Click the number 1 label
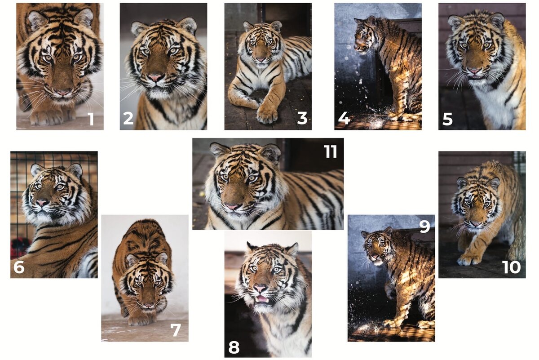click(x=91, y=119)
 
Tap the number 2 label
click(x=128, y=119)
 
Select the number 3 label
click(x=302, y=119)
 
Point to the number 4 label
click(x=344, y=119)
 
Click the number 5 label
click(x=447, y=119)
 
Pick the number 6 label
click(x=19, y=267)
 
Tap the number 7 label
click(x=176, y=330)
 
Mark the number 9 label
click(x=424, y=227)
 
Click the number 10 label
click(x=511, y=267)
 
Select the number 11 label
click(x=331, y=152)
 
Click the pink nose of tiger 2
click(x=155, y=78)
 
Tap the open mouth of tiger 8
click(x=261, y=299)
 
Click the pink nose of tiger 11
click(x=233, y=207)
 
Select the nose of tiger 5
click(x=473, y=71)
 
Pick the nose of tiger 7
click(x=149, y=305)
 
